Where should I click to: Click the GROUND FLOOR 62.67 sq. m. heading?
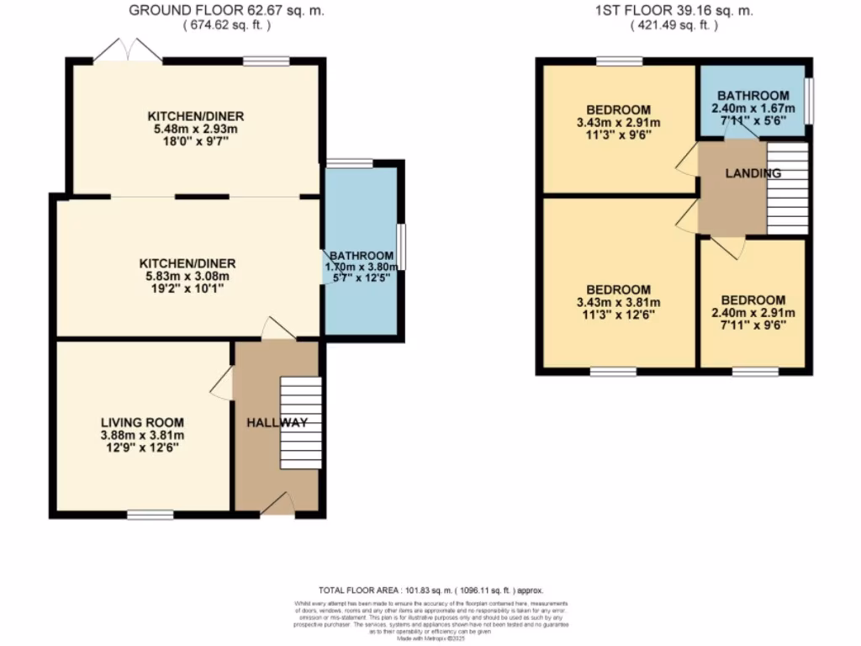(227, 11)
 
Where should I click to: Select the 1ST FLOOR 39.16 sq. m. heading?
(674, 11)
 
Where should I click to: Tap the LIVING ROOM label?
(142, 422)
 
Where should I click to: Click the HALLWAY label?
(277, 422)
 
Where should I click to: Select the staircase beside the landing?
(787, 188)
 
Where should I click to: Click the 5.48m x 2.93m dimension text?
(196, 130)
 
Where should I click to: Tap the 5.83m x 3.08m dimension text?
(188, 276)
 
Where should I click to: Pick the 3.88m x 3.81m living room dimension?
(142, 435)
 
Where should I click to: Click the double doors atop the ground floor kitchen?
(127, 51)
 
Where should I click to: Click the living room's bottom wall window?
(151, 513)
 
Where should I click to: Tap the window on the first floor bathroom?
(810, 101)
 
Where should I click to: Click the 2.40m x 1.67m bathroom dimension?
(753, 109)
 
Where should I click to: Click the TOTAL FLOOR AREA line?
(436, 590)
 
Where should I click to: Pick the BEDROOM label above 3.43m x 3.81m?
(618, 290)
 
